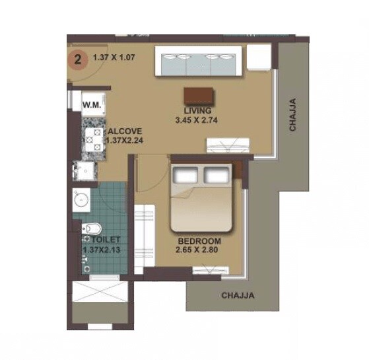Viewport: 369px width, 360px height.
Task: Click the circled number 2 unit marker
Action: (x=79, y=59)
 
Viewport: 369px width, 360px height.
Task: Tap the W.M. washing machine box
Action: (x=90, y=104)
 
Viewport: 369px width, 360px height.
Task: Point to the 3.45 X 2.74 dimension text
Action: (x=197, y=121)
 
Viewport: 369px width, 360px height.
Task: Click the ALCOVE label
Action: (x=125, y=131)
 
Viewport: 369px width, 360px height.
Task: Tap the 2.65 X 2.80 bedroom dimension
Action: (x=197, y=250)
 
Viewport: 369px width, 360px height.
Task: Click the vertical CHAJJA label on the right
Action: (x=292, y=115)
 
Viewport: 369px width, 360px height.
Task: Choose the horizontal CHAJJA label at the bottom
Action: (x=238, y=295)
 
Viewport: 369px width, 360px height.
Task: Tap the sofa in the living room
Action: (x=196, y=63)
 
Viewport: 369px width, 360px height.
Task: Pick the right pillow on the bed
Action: (x=216, y=174)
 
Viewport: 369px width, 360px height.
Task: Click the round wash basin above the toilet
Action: (x=82, y=199)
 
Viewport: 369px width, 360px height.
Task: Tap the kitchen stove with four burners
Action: (x=90, y=138)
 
